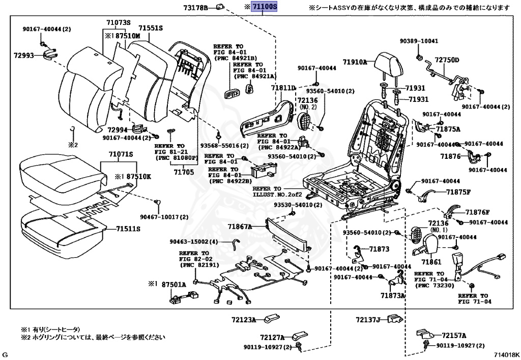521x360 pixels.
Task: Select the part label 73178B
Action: point(196,8)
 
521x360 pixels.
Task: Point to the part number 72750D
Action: point(447,60)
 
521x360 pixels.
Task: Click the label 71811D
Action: point(283,88)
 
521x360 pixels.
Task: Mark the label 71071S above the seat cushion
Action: point(120,154)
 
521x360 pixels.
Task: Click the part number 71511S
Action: point(128,229)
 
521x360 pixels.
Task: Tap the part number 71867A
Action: point(240,226)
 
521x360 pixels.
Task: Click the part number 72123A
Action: point(244,320)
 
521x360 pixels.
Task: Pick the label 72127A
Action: point(272,337)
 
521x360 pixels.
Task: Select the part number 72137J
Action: point(368,320)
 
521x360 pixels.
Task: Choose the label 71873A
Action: point(392,295)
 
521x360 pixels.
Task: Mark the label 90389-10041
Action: point(419,41)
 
